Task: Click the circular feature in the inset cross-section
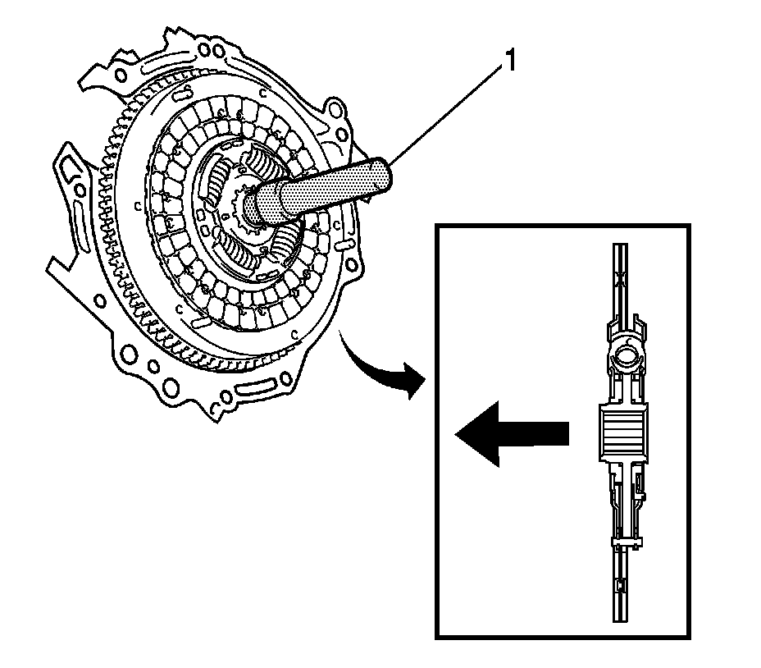[626, 356]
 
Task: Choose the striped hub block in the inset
[624, 431]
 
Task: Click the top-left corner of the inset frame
[438, 226]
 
